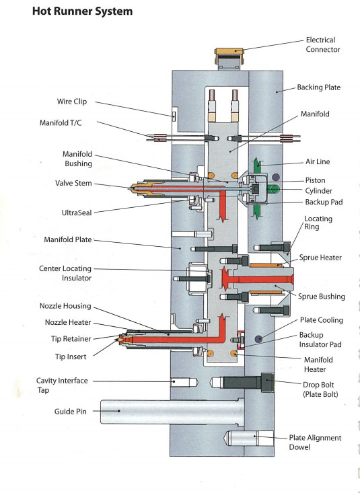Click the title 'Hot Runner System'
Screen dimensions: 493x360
coord(82,11)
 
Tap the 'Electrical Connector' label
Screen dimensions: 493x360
coord(323,44)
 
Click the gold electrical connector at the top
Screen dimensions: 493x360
coord(228,58)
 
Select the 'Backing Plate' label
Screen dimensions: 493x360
coord(319,88)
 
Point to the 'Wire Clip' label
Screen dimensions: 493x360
coord(71,102)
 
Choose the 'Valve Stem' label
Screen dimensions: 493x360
coord(73,182)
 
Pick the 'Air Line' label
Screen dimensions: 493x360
coord(317,162)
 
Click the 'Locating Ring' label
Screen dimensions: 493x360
coord(318,223)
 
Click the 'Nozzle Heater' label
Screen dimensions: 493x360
coord(70,322)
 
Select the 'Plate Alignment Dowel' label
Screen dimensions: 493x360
coord(315,442)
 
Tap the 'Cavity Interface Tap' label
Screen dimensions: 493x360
coord(62,385)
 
